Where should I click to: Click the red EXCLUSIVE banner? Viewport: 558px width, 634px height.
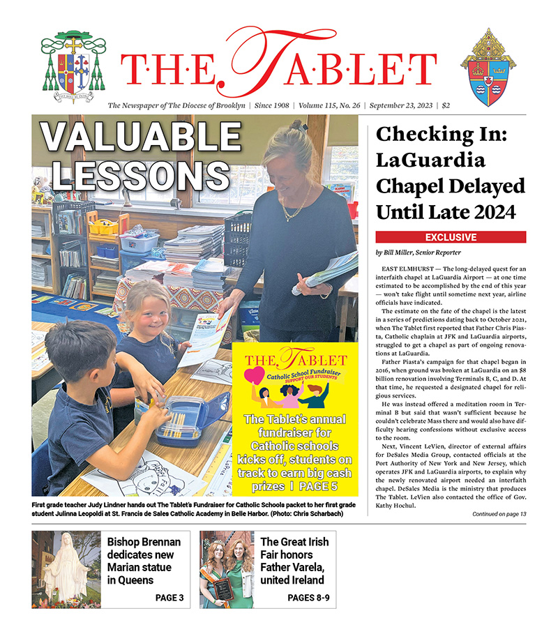(451, 237)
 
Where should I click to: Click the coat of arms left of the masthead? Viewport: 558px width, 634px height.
(75, 66)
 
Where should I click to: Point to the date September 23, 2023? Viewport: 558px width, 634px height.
(398, 105)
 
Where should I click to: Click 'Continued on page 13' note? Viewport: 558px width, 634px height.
(499, 514)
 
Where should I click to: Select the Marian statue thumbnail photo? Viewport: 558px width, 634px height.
(66, 568)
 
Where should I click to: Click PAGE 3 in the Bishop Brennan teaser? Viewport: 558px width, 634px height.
(169, 598)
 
